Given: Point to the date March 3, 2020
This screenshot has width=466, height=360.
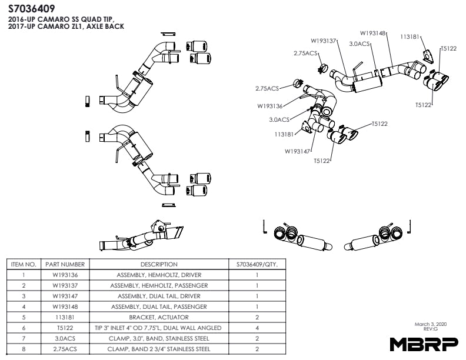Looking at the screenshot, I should coord(430,324).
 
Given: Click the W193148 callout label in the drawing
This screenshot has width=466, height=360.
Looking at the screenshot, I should coord(373,33).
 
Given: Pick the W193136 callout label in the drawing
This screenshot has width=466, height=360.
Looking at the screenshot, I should coord(270,106).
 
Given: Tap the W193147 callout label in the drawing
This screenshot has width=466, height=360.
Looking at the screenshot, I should coord(298,151).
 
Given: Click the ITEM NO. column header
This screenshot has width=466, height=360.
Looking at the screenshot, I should coord(24,265).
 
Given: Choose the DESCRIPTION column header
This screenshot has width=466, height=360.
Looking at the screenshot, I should coord(159,265).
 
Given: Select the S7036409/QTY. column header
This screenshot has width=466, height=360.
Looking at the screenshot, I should coord(257,265).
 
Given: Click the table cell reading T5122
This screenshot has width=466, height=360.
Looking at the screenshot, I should coord(65,328).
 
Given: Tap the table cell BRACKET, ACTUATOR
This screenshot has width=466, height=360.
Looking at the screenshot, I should coord(159,317).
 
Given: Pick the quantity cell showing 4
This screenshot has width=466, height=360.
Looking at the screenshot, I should coord(257,328).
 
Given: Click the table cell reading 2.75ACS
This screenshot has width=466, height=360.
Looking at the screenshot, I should coord(65,349).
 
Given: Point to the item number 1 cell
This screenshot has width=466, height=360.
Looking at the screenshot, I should coord(24,275).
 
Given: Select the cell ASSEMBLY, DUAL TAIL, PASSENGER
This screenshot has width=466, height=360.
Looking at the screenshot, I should coord(159,306).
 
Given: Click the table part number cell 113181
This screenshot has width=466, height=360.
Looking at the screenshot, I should coord(65,317).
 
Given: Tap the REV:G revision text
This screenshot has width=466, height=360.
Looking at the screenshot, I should coord(431,330).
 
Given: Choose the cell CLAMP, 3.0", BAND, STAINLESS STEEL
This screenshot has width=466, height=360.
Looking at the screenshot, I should coord(159,338).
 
